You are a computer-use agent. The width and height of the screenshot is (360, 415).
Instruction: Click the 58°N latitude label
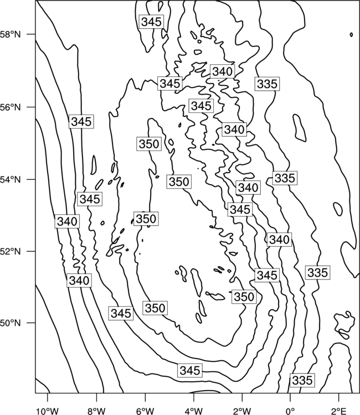[11, 34]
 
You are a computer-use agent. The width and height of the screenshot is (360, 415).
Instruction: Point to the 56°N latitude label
[11, 107]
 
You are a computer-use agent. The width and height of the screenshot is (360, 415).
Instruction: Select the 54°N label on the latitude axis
[11, 179]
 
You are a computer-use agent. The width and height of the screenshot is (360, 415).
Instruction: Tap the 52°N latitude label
[11, 251]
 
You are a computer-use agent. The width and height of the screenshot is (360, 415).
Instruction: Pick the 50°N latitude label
[11, 323]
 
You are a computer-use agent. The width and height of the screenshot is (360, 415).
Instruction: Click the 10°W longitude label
[48, 411]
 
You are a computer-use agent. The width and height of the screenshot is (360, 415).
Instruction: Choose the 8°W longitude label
[96, 411]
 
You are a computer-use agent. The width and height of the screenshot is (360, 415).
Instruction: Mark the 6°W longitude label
[145, 411]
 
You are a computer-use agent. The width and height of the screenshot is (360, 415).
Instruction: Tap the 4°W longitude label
[194, 411]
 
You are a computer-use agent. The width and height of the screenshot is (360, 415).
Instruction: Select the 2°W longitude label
[242, 411]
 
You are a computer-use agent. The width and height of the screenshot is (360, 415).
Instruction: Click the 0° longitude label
[290, 411]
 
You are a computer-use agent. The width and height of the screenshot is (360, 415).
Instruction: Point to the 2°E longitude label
[339, 411]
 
